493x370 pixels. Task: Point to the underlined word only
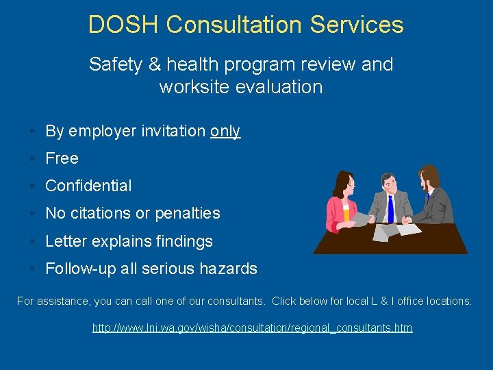coord(225,131)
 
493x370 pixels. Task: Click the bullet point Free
coord(62,158)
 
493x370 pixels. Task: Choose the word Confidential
coord(88,186)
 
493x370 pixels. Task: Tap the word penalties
coord(187,214)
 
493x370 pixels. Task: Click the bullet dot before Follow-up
coord(33,269)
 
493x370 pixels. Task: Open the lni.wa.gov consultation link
coord(252,328)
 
